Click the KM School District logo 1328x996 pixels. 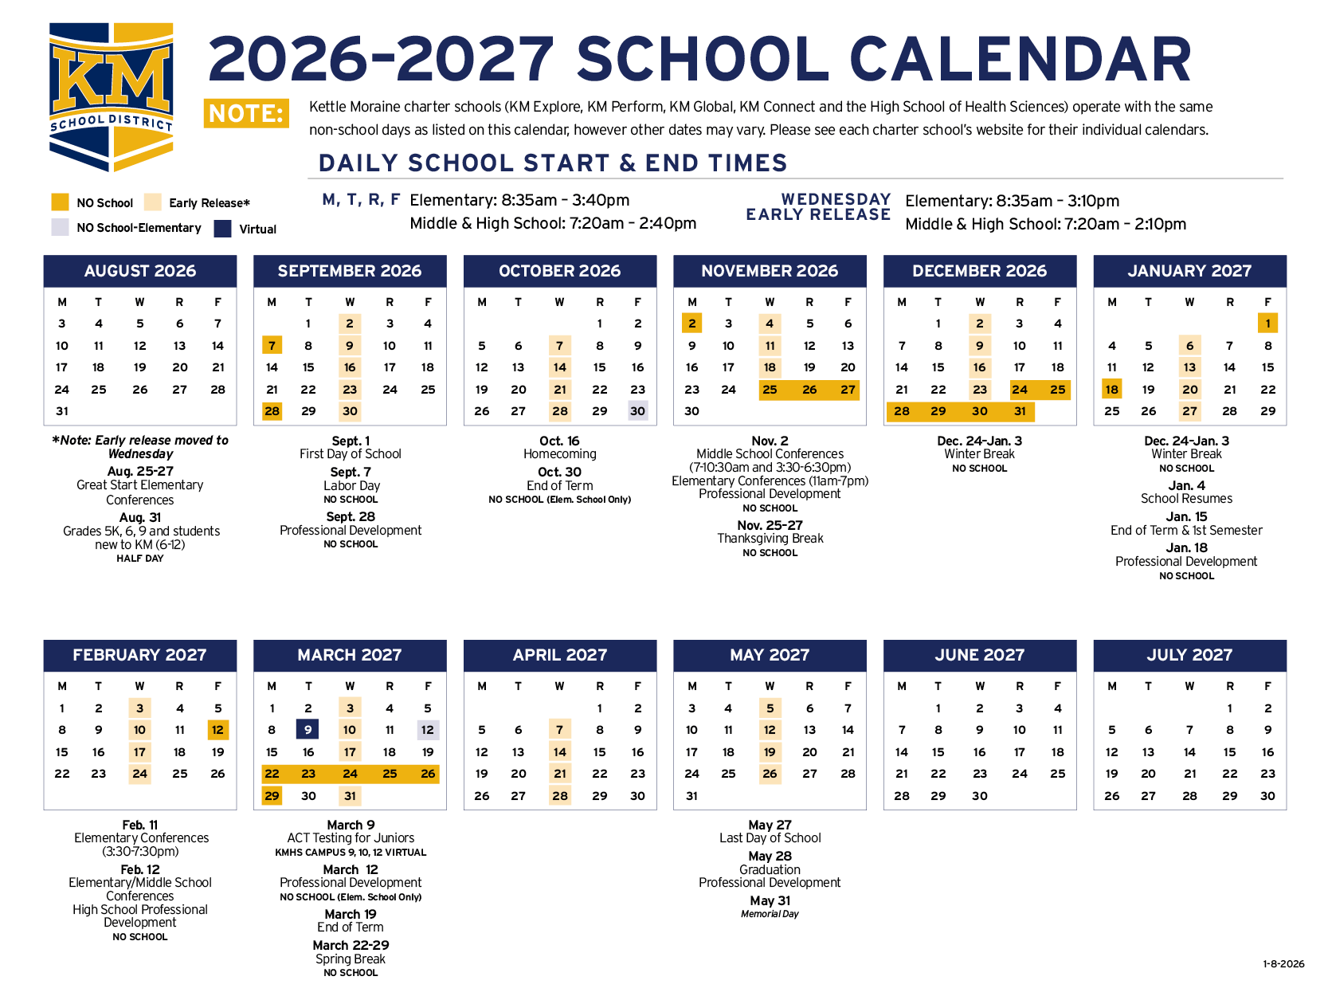point(111,96)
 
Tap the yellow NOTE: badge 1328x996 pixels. point(246,114)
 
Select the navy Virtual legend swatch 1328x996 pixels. point(223,229)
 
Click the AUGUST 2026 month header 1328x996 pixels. point(140,271)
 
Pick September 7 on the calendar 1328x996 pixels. point(272,346)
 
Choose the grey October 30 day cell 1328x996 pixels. point(637,411)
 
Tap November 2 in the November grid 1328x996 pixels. point(691,324)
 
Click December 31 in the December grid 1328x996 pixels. point(1020,411)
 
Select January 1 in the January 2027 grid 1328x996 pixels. point(1267,324)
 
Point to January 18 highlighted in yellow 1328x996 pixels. point(1111,390)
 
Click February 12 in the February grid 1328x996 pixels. point(217,730)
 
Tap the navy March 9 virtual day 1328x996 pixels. point(308,730)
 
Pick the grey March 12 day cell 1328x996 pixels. point(428,730)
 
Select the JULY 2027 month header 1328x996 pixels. point(1189,655)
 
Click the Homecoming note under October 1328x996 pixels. point(559,454)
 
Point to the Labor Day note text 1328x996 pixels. point(351,485)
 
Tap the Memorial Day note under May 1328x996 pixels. point(770,914)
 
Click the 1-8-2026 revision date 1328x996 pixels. point(1283,964)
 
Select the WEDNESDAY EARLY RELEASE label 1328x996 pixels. point(818,207)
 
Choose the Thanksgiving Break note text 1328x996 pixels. point(770,539)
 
